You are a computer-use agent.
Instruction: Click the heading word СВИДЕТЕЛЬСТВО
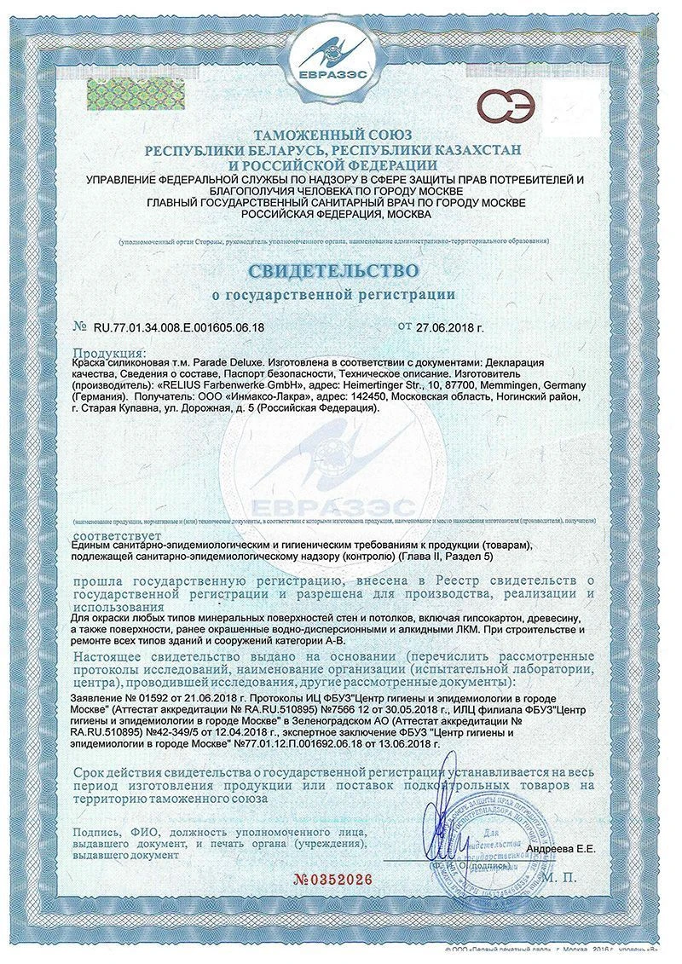[333, 271]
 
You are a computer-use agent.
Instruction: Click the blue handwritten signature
[443, 818]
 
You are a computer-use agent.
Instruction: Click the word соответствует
[113, 534]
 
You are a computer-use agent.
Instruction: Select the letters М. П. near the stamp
[558, 875]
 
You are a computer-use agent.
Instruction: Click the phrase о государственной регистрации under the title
[333, 295]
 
